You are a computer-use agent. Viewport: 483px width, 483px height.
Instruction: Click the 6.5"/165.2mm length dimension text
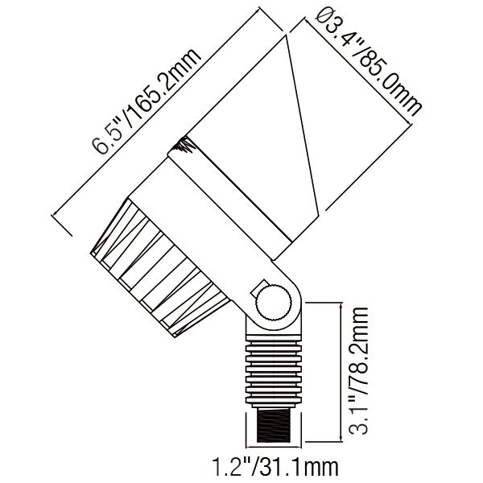click(146, 101)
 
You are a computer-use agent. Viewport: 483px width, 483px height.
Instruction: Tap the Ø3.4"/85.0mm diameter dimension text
click(369, 62)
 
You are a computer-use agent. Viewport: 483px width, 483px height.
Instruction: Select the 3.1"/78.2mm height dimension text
click(358, 370)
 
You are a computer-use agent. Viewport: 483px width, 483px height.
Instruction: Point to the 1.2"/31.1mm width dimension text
click(275, 467)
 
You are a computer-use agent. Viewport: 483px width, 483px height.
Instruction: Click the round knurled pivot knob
click(273, 304)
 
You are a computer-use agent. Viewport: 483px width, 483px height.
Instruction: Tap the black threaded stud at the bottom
click(274, 427)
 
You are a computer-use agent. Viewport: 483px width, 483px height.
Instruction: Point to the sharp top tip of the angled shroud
click(286, 35)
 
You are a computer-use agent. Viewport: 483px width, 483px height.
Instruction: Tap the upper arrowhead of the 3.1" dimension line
click(341, 306)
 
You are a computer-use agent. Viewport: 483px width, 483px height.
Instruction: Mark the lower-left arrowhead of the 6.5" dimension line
click(55, 213)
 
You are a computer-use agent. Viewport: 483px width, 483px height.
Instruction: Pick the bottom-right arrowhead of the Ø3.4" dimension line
click(408, 122)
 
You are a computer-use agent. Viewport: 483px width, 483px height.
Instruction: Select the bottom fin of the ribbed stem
click(274, 400)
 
